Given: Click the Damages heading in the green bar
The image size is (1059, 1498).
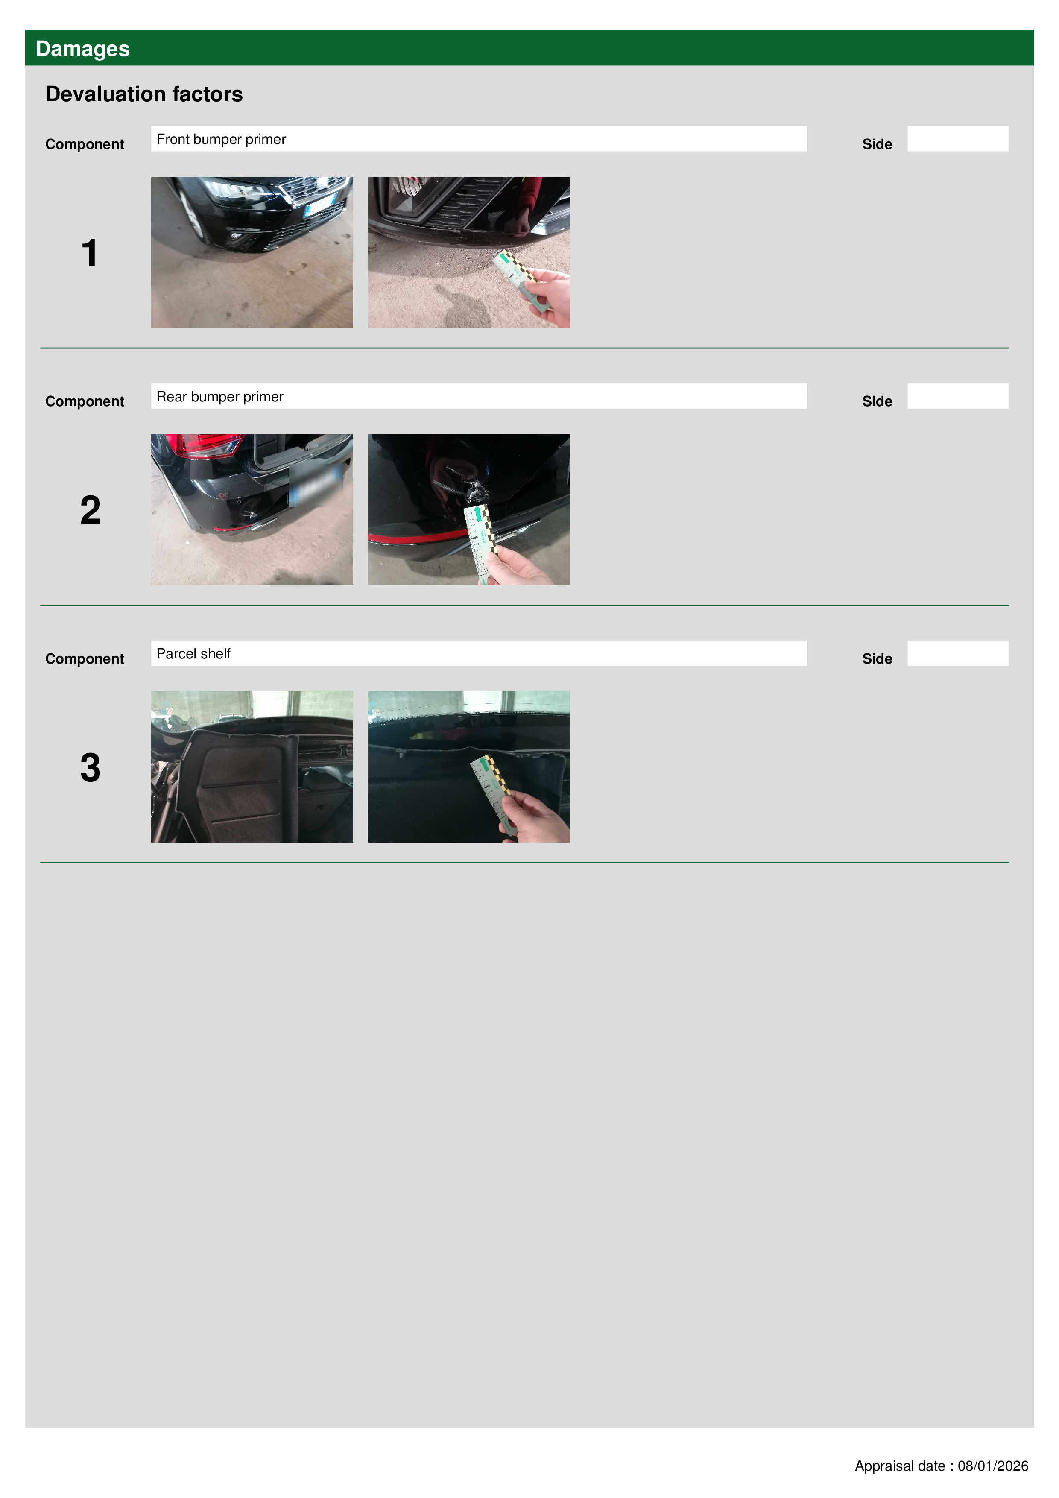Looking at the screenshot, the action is coord(82,49).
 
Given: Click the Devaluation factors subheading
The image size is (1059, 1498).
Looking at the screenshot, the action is coord(144,94).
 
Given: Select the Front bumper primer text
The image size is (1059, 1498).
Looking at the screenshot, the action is coord(221,139).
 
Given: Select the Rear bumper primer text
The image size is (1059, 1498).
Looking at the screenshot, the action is coord(220,397).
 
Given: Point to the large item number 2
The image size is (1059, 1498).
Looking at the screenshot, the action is coord(91,510).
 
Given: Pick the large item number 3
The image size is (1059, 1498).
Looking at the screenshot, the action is coord(91,767).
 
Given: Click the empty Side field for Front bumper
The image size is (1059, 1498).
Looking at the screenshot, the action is coord(958,139).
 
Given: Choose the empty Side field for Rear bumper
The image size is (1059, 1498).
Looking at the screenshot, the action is coord(958,396).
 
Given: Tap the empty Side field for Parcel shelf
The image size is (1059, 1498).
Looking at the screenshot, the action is coord(958,653).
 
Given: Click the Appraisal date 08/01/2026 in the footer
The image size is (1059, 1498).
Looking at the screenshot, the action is coord(942,1466).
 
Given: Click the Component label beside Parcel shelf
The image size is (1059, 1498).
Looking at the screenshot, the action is coord(84,659).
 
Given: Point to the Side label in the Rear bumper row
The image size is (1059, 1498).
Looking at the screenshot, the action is coord(877,401).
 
